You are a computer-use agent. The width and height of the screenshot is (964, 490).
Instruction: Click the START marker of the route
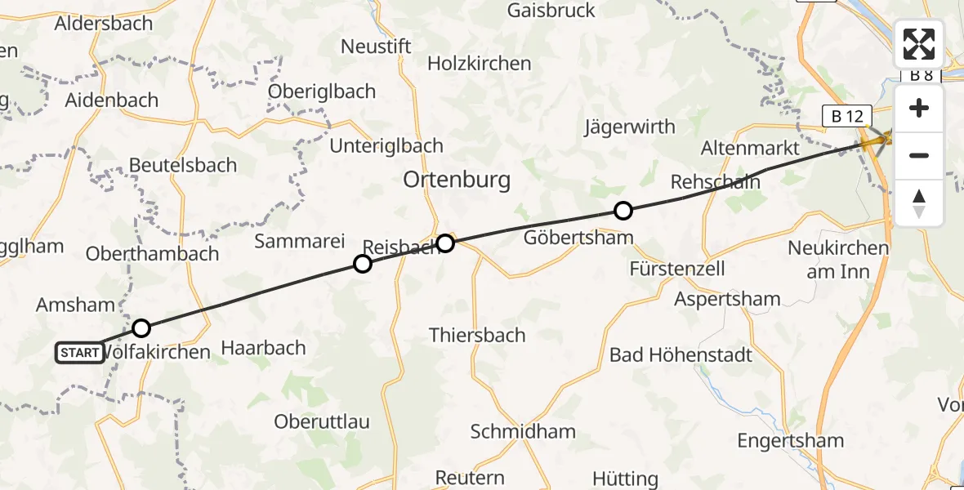80,353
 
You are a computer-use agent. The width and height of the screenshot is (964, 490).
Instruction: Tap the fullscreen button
919,44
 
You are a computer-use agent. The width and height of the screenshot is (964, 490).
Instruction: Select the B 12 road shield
847,116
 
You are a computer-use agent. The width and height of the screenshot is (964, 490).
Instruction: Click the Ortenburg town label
457,180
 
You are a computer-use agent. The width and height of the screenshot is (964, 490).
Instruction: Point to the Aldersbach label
104,24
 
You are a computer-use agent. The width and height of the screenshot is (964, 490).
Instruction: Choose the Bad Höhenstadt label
681,355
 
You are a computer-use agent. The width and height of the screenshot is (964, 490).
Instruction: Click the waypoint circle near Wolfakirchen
141,328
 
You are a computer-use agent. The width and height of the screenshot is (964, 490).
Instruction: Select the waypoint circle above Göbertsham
623,212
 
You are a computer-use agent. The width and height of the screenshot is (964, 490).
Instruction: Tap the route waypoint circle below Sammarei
362,263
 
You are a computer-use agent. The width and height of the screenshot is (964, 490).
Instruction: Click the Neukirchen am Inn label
837,260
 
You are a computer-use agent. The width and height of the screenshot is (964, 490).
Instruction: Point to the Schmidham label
523,431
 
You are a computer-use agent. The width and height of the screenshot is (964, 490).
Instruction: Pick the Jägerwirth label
630,127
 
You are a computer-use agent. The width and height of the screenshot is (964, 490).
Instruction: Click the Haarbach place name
264,348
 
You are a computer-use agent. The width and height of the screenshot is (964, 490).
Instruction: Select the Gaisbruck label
551,11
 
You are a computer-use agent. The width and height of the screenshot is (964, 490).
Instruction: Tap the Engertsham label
790,441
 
